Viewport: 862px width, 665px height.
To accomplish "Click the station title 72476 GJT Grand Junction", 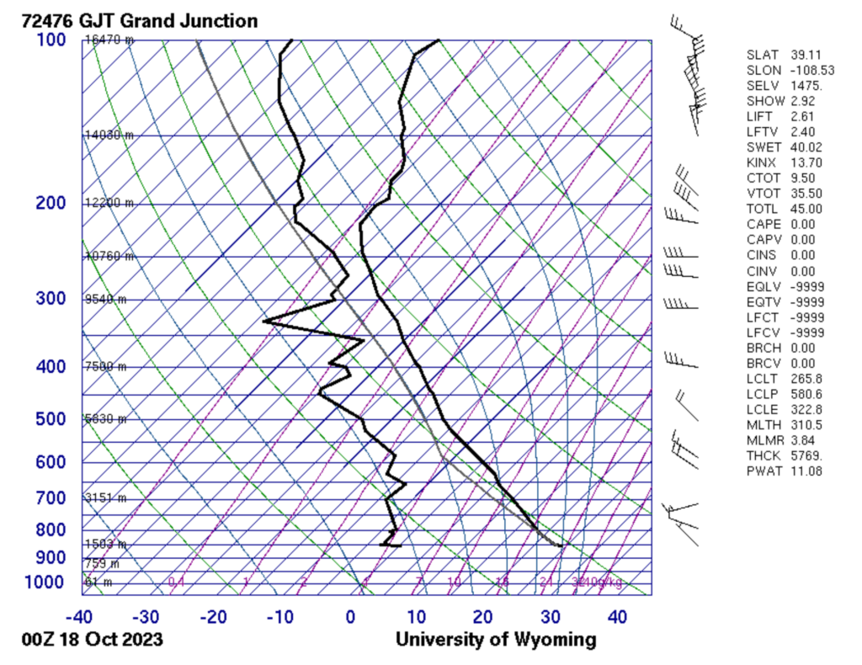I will click(x=140, y=21).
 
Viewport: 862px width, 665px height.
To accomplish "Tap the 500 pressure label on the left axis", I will click(x=51, y=419).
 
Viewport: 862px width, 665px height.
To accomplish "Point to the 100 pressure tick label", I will click(x=51, y=40).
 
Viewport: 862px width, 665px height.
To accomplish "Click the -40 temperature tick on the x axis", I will click(x=81, y=617).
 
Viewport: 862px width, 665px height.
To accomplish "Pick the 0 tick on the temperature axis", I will click(x=350, y=617).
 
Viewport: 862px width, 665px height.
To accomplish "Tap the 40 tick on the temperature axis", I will click(x=617, y=617).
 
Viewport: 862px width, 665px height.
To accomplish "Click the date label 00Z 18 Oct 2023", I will click(x=93, y=640).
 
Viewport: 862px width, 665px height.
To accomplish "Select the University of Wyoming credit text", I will click(x=496, y=640).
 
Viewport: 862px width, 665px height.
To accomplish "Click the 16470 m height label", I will click(x=109, y=40).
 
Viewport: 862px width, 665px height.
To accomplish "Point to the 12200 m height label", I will click(x=109, y=203).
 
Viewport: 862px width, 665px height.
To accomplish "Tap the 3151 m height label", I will click(x=105, y=497).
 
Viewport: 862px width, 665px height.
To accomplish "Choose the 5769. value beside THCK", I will click(x=806, y=455).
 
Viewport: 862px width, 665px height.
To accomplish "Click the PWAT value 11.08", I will click(x=806, y=471).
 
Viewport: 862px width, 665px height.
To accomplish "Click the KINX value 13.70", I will click(x=806, y=162).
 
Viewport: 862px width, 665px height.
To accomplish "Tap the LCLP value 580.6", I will click(x=806, y=394).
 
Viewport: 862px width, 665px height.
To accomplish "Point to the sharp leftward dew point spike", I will click(x=264, y=321).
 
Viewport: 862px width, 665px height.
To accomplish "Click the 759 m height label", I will click(x=102, y=563).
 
